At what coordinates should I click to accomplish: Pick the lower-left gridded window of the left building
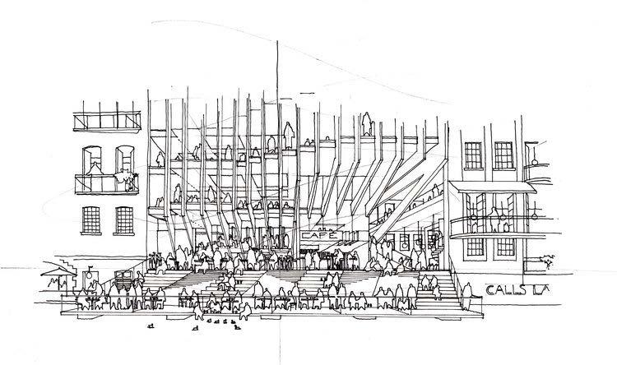click(x=93, y=219)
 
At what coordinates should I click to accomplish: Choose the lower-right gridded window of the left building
click(x=123, y=219)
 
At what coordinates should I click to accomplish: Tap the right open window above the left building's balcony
click(x=125, y=158)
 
